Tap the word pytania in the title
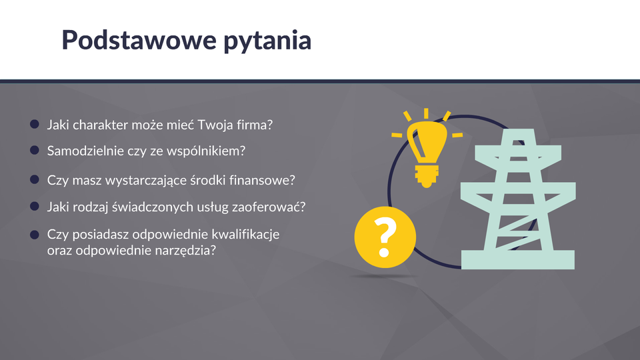click(x=267, y=41)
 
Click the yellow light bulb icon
click(x=427, y=148)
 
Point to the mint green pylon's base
click(x=518, y=259)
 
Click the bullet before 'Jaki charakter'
click(x=35, y=124)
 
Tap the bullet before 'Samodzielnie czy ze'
click(x=35, y=150)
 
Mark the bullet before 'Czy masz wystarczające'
click(x=35, y=179)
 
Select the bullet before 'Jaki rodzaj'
click(x=35, y=207)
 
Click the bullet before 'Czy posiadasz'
click(x=35, y=234)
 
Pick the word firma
click(x=254, y=125)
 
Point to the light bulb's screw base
click(x=427, y=175)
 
